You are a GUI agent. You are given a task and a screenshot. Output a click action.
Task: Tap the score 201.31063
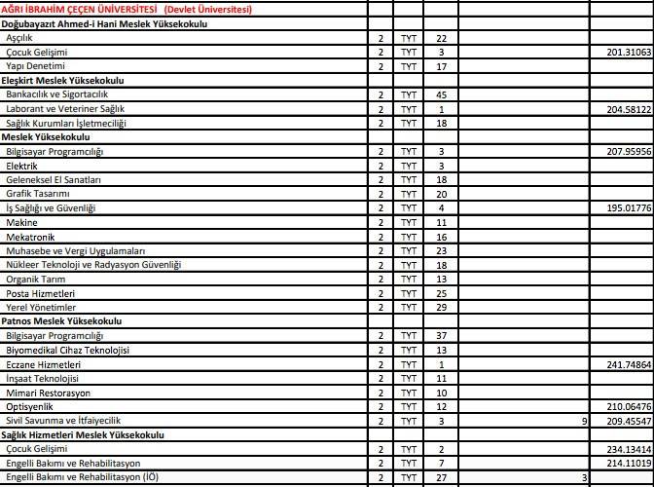point(620,52)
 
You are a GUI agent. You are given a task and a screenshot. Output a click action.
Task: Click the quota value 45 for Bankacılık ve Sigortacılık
point(441,94)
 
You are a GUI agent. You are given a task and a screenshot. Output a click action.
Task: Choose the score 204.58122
point(620,109)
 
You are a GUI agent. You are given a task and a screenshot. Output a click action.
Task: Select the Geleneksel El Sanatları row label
point(54,180)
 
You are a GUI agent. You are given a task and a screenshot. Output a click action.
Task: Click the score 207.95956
point(620,152)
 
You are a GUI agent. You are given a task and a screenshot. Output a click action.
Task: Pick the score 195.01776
point(620,208)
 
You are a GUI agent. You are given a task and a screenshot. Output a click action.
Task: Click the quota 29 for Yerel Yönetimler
point(441,307)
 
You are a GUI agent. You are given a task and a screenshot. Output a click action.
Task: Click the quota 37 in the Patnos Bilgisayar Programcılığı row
point(441,335)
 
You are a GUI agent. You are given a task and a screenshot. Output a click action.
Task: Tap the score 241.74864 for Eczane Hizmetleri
point(620,363)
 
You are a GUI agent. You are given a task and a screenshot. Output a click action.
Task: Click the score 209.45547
point(620,420)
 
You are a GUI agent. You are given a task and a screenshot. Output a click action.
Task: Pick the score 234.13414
point(620,448)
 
